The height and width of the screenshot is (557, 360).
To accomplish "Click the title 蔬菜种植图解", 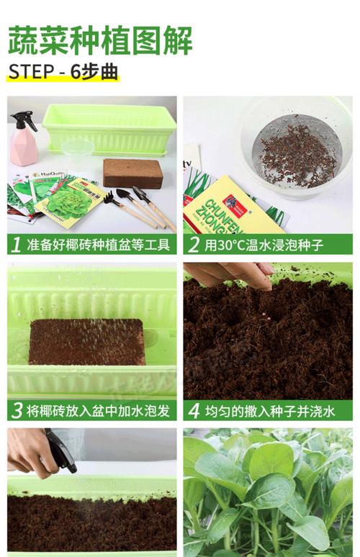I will (x=100, y=41).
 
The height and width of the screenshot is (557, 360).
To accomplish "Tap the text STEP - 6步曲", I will (x=63, y=73).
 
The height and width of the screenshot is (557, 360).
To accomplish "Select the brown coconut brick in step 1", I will (x=132, y=173).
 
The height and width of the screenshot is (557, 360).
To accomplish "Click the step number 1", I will (x=17, y=245).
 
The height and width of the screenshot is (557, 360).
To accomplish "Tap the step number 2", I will (x=193, y=245).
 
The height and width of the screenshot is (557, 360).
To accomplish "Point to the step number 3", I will (x=17, y=411).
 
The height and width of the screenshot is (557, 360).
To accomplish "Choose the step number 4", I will (x=193, y=411).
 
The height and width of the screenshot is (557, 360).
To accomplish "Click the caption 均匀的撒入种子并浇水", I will (x=270, y=411).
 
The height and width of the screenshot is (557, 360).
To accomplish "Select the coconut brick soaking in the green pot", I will (x=87, y=342).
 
